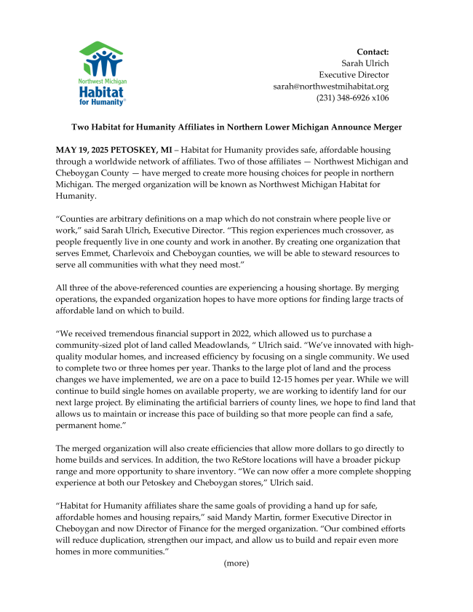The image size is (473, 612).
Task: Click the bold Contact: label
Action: pyautogui.click(x=373, y=52)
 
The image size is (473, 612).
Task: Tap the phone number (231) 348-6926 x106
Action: pyautogui.click(x=352, y=98)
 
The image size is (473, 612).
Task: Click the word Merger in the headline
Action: pyautogui.click(x=386, y=127)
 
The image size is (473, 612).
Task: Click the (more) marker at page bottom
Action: pyautogui.click(x=236, y=563)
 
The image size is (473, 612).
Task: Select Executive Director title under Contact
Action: pyautogui.click(x=354, y=75)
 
